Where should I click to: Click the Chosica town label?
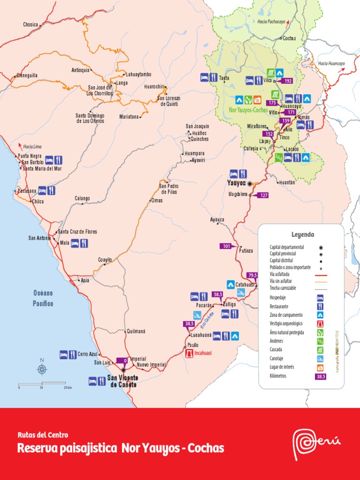(x=30, y=24)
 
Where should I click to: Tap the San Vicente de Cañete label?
(x=122, y=382)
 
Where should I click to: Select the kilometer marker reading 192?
(x=288, y=81)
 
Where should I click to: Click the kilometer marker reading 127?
(x=263, y=195)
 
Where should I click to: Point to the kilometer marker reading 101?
(x=226, y=246)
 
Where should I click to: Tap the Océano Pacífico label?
(x=43, y=298)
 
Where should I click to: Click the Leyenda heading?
(x=303, y=235)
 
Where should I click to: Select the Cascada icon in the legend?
(x=321, y=350)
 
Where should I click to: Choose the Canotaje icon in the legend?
(x=321, y=359)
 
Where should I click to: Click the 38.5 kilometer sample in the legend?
(x=321, y=376)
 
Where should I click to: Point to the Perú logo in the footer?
(x=316, y=443)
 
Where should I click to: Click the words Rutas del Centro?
(x=43, y=435)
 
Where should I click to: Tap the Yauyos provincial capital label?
(x=236, y=183)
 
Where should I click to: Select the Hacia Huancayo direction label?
(x=331, y=63)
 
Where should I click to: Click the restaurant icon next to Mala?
(x=84, y=243)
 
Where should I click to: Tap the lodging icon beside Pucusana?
(x=42, y=190)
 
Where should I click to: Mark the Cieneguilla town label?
(x=27, y=75)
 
